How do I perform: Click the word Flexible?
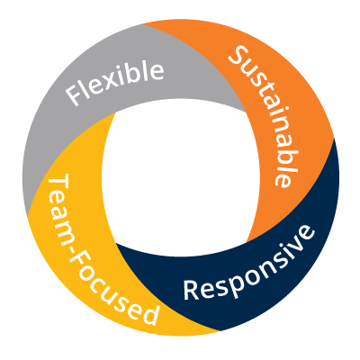coord(115,80)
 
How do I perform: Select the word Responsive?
coord(249,263)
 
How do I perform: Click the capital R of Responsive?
coord(191,290)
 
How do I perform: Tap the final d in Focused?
coord(148,314)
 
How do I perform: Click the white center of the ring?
coord(181,177)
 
